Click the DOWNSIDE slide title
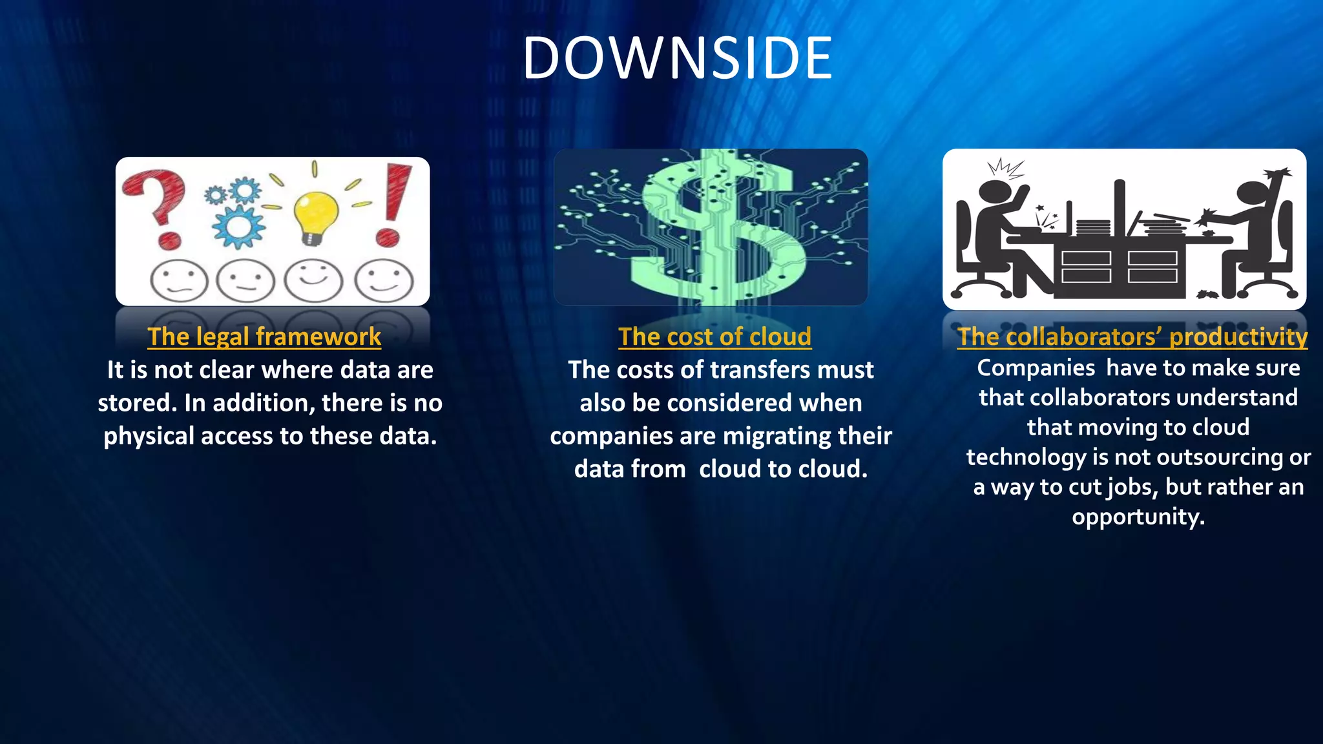point(677,58)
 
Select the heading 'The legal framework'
point(264,336)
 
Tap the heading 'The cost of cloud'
point(714,336)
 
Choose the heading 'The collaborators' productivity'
point(1132,336)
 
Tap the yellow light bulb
point(315,216)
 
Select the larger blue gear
point(239,226)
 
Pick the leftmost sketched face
point(179,281)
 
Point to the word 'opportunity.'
point(1138,517)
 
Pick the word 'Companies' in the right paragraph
point(1036,368)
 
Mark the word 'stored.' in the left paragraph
point(137,403)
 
